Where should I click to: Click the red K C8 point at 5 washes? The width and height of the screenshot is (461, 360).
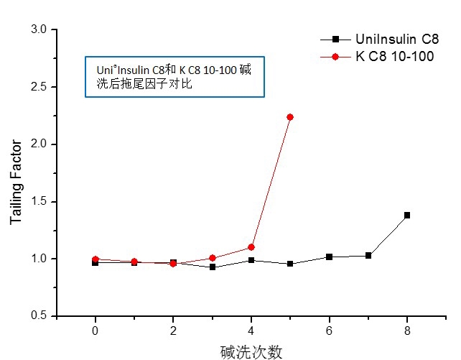coord(290,117)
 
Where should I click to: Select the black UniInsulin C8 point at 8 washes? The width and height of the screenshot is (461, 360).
coord(407,215)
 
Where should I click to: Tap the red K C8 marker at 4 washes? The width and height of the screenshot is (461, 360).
coord(251,247)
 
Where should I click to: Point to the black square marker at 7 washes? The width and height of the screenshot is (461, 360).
coord(368,255)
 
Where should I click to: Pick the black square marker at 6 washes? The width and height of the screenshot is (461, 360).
coord(330,257)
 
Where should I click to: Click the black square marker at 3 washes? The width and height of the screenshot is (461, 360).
coord(213,267)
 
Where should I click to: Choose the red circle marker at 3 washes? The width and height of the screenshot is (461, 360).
coord(213,258)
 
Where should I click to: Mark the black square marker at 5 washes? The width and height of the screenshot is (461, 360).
coord(290,264)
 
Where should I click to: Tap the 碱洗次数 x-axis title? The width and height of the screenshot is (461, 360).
coord(251,351)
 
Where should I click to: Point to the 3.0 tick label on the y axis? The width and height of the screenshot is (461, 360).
coord(39,29)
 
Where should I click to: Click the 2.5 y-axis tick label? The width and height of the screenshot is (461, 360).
coord(39,87)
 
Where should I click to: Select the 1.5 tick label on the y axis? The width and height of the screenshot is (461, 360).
coord(39,202)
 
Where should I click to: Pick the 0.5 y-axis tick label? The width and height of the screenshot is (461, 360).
coord(39,316)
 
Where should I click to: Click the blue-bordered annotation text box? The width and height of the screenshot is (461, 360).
coord(175,77)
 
